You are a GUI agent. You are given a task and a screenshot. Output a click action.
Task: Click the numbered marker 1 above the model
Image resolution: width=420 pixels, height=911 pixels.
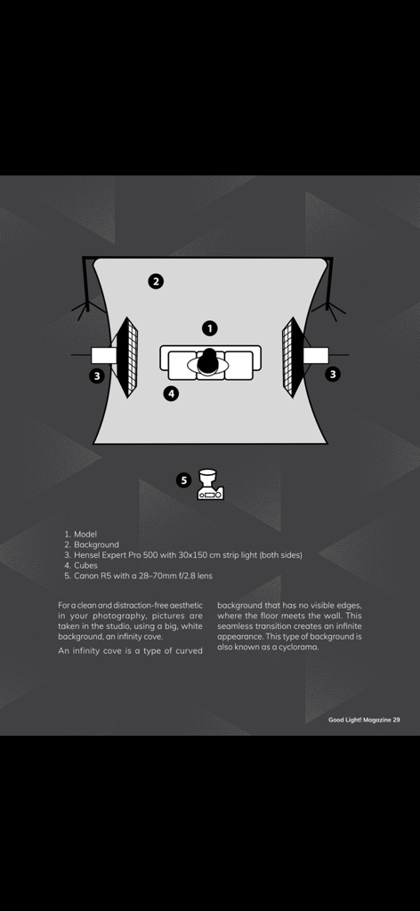[210, 328]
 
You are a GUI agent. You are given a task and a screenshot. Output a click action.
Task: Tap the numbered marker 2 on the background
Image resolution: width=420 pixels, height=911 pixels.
[155, 282]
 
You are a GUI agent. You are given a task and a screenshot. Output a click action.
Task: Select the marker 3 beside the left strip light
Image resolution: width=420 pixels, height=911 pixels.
[97, 376]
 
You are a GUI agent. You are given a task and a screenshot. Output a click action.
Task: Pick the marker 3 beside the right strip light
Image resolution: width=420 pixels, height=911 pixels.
[332, 375]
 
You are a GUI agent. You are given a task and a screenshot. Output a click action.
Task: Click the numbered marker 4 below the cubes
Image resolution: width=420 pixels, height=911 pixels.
[171, 393]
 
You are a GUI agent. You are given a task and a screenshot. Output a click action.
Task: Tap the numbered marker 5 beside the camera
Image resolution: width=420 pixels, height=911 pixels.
[183, 480]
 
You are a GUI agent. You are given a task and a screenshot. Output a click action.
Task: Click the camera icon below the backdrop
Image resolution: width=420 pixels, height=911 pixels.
[210, 485]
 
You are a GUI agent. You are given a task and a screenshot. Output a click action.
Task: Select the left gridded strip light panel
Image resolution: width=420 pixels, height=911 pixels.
[128, 358]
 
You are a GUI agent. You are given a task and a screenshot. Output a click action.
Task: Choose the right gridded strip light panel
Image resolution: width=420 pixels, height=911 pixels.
[292, 358]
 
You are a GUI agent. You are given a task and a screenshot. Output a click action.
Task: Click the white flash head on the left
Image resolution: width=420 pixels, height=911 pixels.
[103, 355]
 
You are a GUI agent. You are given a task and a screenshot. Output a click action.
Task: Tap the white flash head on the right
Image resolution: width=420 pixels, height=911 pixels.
[316, 355]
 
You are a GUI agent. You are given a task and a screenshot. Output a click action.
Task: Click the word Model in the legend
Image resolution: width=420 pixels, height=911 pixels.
[85, 534]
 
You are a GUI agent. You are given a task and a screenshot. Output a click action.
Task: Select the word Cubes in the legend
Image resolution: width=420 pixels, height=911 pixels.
[85, 565]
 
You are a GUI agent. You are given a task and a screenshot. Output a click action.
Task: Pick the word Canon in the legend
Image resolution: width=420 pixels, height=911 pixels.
[86, 576]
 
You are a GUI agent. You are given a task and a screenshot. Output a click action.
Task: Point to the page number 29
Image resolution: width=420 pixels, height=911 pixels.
[396, 720]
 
